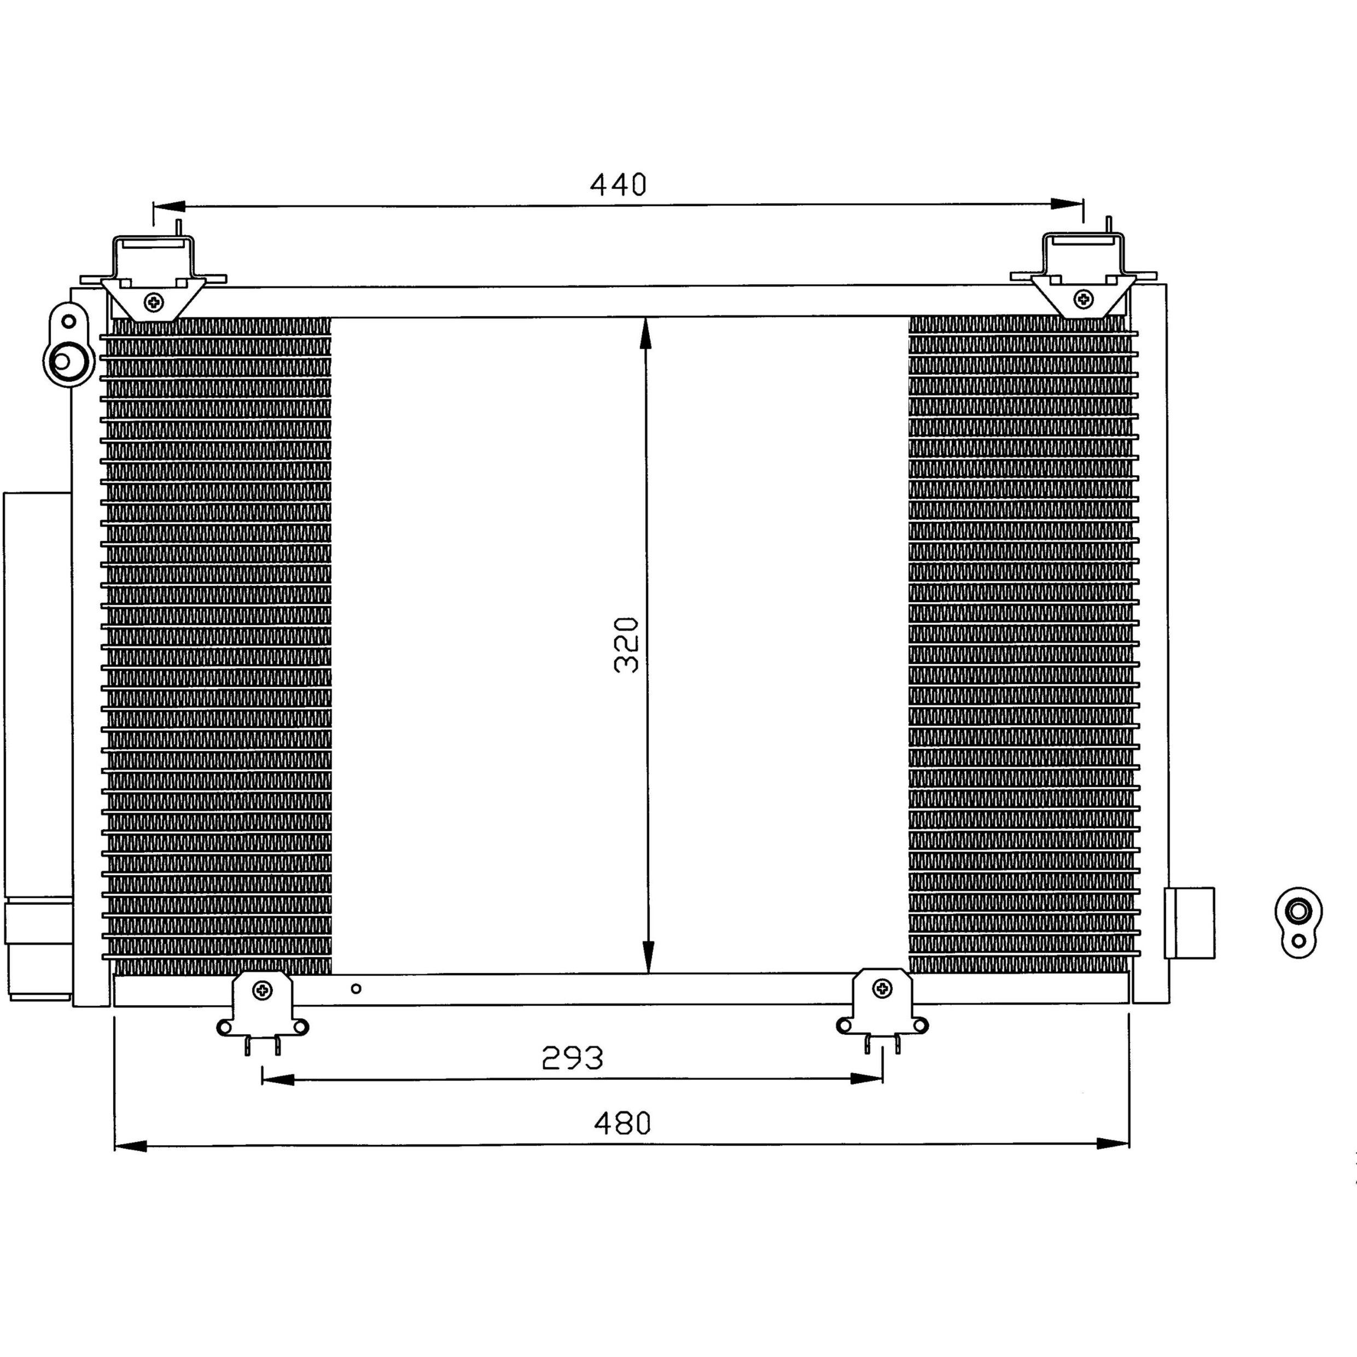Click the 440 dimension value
(618, 185)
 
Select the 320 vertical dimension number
(626, 645)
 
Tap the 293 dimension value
(573, 1058)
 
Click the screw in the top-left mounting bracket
(154, 302)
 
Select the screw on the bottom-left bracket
(263, 991)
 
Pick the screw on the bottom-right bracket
(882, 989)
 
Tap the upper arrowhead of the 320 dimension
(645, 333)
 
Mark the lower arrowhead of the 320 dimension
(648, 957)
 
